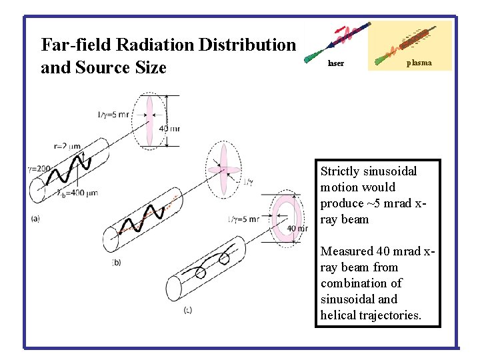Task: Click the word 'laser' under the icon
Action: [336, 64]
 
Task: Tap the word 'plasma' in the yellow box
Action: [419, 63]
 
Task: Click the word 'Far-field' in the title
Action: [75, 45]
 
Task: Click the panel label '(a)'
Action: [35, 218]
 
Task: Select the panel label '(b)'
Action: [117, 262]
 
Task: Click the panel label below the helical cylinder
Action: [188, 309]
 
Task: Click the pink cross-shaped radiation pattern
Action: [224, 170]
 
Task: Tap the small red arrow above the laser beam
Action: [341, 31]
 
